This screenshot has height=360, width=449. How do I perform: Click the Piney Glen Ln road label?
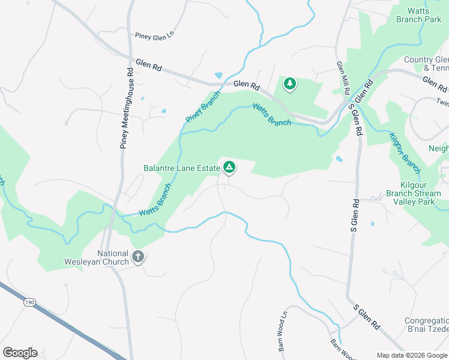[154, 35]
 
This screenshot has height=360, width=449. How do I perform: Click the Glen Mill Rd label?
[342, 79]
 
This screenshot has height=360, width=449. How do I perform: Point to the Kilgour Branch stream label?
[403, 149]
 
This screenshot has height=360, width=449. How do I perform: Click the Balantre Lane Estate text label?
[182, 169]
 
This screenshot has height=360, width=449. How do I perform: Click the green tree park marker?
[290, 84]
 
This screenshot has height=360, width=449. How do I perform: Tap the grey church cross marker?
[137, 257]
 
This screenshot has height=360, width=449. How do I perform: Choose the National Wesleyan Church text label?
[96, 257]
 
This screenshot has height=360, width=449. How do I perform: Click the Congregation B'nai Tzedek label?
[426, 325]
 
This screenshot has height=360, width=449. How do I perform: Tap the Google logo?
[20, 352]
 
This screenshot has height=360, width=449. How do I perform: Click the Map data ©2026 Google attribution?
[412, 355]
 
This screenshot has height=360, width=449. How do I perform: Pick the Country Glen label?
[426, 59]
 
